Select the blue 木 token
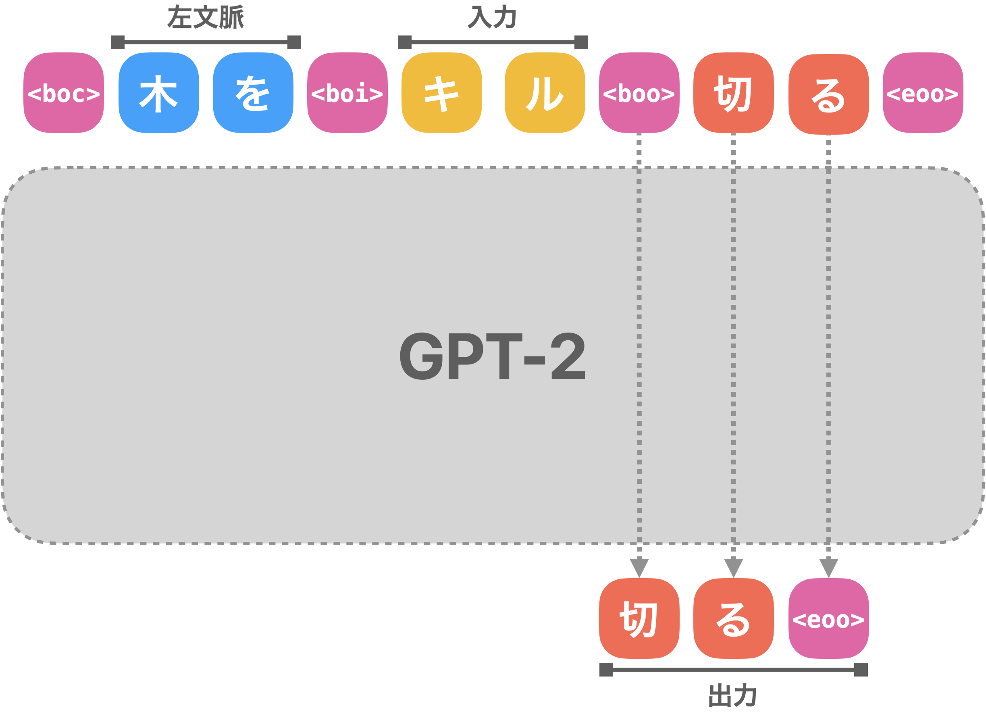click(159, 93)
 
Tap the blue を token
click(253, 93)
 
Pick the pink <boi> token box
click(347, 93)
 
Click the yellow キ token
click(442, 93)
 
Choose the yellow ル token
click(545, 93)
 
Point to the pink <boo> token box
click(639, 93)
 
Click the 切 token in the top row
click(733, 93)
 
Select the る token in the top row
click(829, 94)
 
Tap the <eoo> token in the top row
click(923, 93)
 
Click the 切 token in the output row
click(639, 618)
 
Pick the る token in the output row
click(733, 618)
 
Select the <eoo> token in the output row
click(829, 618)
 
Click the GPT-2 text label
click(493, 356)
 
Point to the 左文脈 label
click(206, 17)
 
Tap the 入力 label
click(492, 17)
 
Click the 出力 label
click(733, 695)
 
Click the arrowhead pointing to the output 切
click(639, 567)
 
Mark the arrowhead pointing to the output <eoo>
click(829, 567)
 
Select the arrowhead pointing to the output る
click(733, 567)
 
